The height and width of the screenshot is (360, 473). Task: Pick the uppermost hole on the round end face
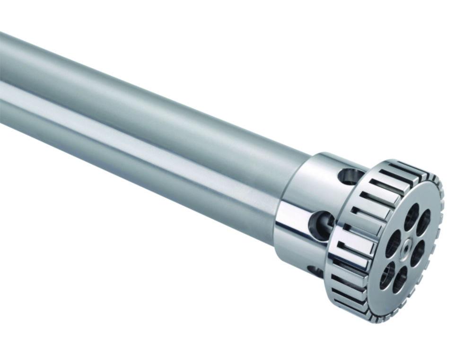[411, 216]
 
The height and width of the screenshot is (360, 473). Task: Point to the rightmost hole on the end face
[424, 222]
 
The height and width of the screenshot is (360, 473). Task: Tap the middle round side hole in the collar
[321, 224]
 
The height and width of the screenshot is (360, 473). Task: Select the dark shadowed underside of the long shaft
[142, 166]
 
